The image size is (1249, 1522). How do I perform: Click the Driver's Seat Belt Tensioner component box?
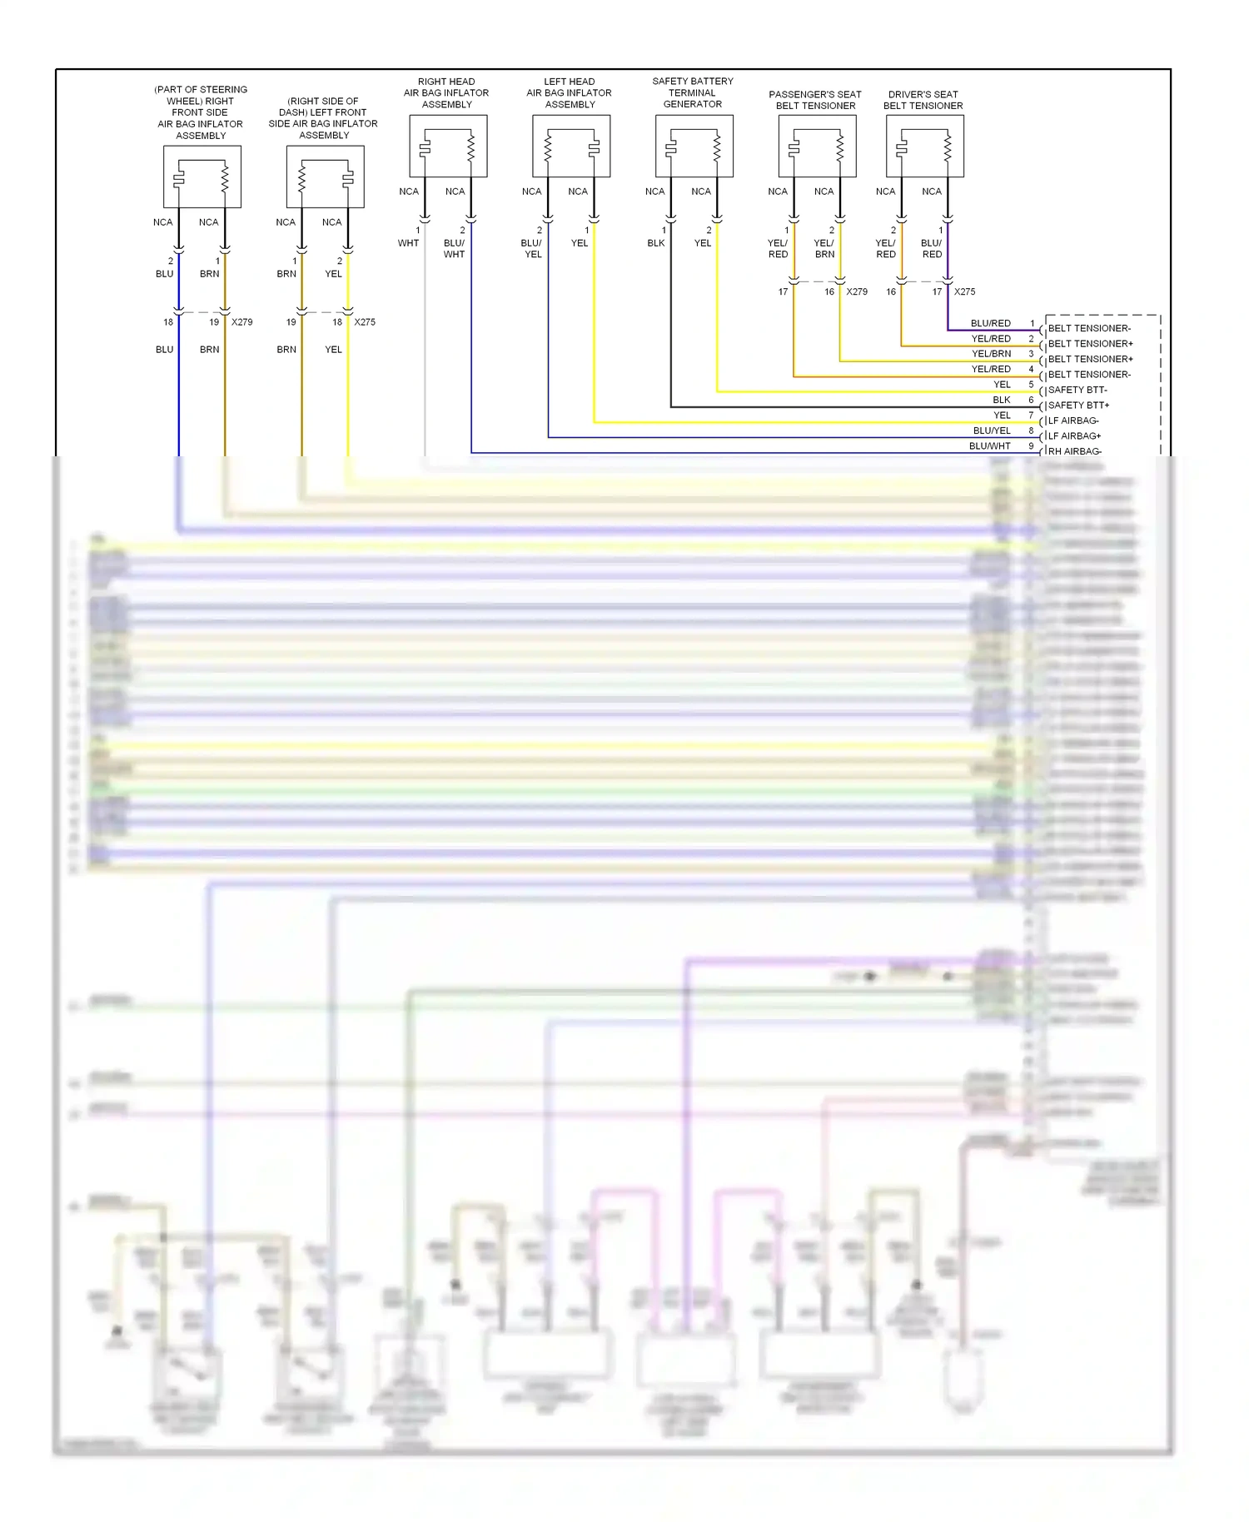coord(924,147)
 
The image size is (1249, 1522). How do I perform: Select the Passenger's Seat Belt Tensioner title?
coord(814,100)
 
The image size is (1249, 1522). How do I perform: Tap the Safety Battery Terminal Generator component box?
coord(694,147)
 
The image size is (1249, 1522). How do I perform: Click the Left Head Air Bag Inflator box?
coord(570,147)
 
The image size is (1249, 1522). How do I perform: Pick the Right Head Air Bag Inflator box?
coord(448,147)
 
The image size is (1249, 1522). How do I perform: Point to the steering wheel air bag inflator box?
coord(202,177)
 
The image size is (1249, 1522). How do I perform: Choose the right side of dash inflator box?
coord(325,177)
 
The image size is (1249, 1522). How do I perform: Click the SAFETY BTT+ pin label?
coord(1078,405)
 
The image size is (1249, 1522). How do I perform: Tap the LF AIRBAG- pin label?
coord(1073,420)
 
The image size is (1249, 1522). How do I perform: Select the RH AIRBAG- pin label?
coord(1074,451)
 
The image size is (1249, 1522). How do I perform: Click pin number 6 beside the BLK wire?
coord(1031,400)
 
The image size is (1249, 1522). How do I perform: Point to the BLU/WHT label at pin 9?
coord(989,446)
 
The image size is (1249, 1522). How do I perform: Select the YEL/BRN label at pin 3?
coord(991,354)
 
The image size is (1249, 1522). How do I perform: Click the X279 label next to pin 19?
coord(241,322)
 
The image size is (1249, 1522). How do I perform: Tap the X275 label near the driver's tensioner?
coord(964,292)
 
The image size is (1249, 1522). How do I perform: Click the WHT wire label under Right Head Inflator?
coord(408,243)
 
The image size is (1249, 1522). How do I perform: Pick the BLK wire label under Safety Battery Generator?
coord(656,243)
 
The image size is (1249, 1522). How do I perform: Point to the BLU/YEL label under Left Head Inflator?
coord(532,248)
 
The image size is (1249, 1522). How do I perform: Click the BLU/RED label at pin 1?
coord(990,323)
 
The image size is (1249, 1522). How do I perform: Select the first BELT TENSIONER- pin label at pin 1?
coord(1089,328)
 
